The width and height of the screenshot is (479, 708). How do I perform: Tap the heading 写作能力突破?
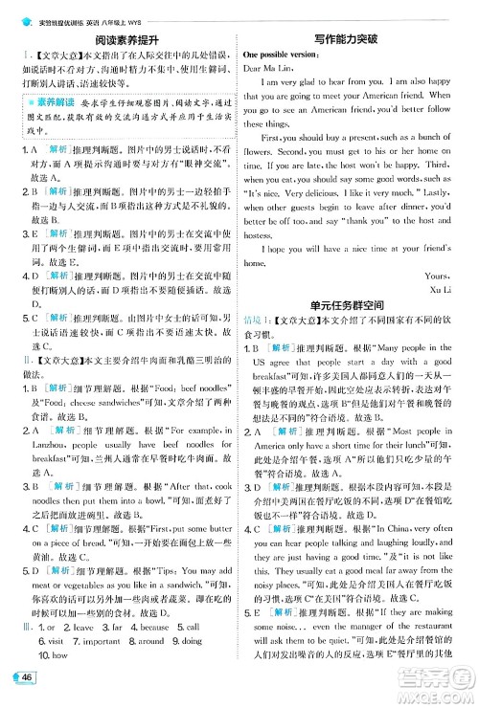(x=361, y=39)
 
